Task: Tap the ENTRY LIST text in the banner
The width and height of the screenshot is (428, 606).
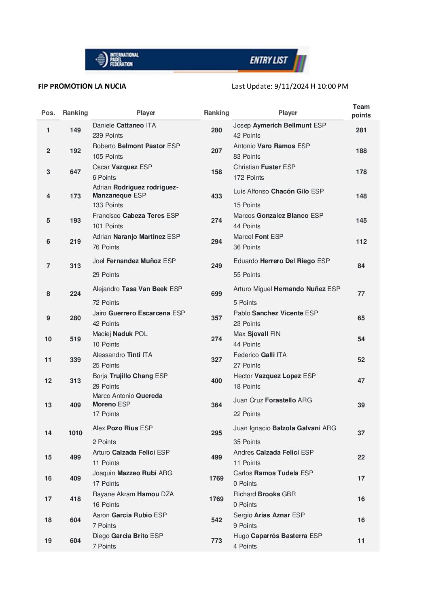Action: click(x=268, y=60)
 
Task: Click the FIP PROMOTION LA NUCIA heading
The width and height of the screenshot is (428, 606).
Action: click(x=82, y=86)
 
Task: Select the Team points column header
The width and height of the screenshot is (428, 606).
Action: click(x=361, y=111)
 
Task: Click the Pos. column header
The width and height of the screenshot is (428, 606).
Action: click(x=48, y=113)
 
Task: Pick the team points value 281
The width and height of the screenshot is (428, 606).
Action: click(x=361, y=130)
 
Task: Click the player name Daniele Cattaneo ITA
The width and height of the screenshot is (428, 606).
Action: click(x=124, y=125)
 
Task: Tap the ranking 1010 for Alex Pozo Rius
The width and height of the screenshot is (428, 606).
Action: click(x=75, y=433)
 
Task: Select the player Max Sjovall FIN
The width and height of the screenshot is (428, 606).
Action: click(x=257, y=334)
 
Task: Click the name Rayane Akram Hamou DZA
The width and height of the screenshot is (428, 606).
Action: click(x=133, y=494)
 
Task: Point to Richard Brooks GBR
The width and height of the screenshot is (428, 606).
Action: click(x=265, y=494)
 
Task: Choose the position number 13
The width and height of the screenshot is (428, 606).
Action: click(x=48, y=405)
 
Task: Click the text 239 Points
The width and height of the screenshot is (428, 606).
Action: click(x=108, y=136)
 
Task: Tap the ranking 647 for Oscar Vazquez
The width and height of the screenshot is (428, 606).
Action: click(x=75, y=172)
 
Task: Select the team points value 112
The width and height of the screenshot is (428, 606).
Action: click(x=361, y=242)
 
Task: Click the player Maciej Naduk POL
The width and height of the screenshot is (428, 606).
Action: click(x=120, y=334)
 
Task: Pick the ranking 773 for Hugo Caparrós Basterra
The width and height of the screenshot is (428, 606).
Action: click(x=216, y=541)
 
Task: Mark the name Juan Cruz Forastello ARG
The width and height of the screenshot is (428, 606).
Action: click(x=273, y=400)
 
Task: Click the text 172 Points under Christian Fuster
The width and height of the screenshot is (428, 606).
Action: click(x=249, y=178)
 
